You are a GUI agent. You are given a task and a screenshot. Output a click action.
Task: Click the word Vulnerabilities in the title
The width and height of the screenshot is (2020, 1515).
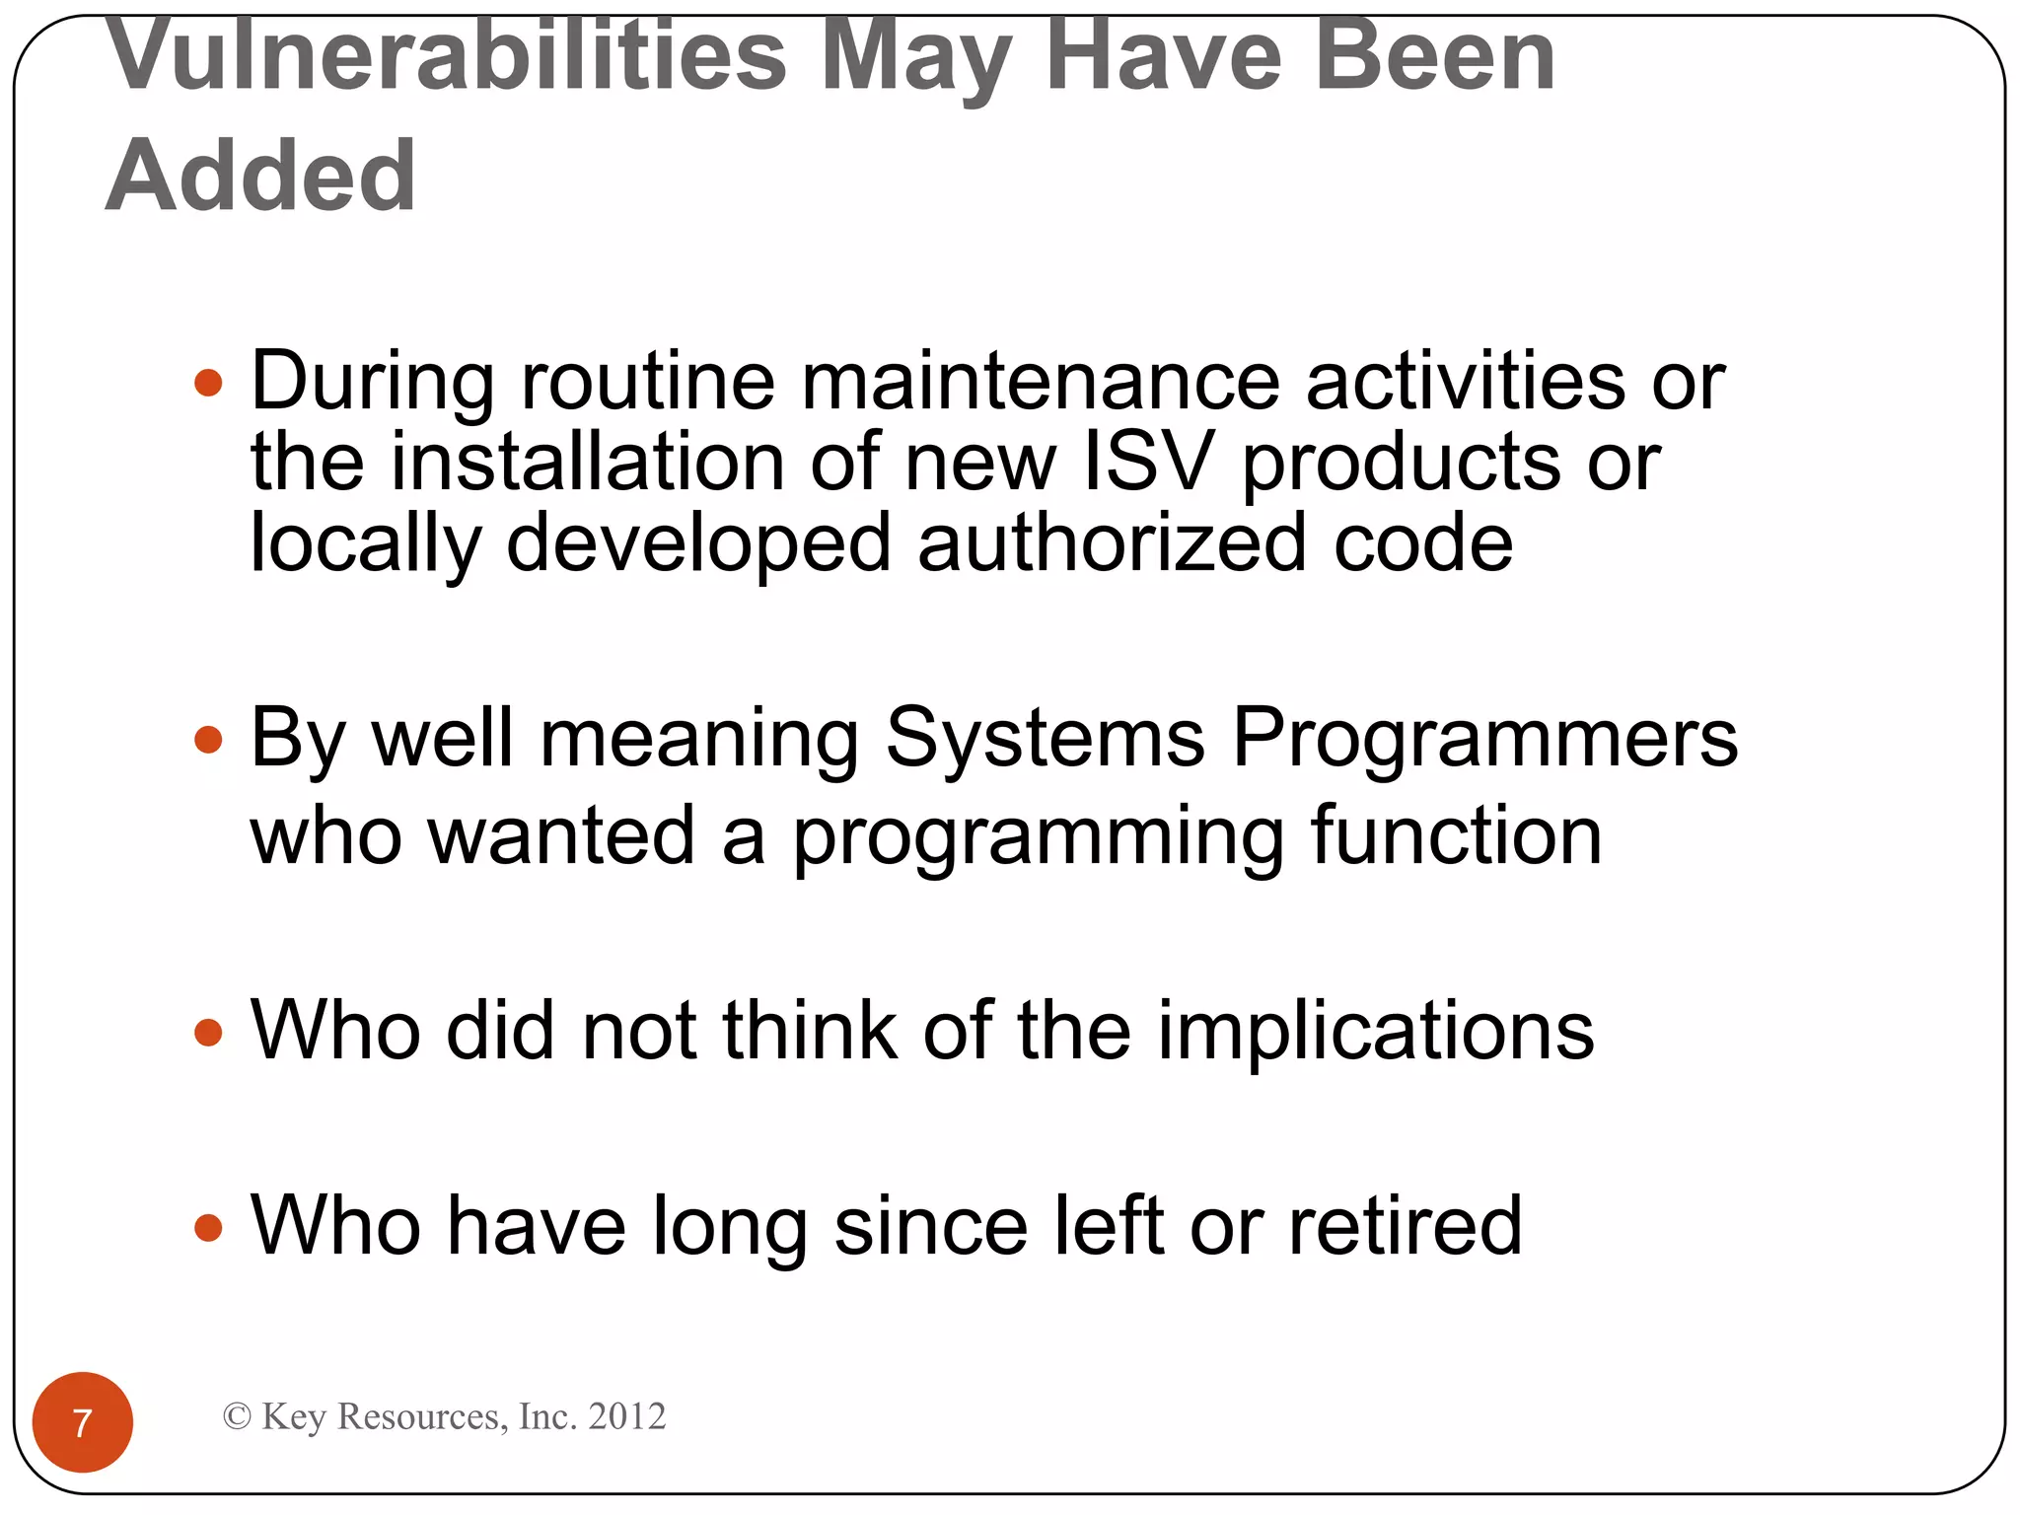447,57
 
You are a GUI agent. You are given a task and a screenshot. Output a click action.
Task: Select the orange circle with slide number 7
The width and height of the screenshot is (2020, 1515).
83,1421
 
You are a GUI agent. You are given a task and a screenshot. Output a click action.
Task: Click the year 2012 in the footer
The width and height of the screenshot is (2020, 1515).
626,1416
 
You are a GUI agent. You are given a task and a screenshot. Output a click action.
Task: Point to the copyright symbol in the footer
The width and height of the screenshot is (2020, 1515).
237,1416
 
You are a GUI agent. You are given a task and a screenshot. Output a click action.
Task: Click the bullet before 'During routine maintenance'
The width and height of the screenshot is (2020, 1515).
208,383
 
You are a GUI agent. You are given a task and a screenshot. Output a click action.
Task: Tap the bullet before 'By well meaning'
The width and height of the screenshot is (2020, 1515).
208,740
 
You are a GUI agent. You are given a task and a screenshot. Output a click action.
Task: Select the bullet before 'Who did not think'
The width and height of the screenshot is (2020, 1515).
208,1033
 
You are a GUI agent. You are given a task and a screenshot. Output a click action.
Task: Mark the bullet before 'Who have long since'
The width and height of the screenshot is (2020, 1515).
208,1228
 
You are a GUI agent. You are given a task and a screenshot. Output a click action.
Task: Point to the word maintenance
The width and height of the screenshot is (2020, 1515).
1040,382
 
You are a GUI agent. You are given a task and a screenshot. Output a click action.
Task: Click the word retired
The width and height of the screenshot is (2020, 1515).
1406,1226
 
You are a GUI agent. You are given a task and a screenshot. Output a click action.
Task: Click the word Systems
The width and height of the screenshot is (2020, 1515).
1045,740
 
